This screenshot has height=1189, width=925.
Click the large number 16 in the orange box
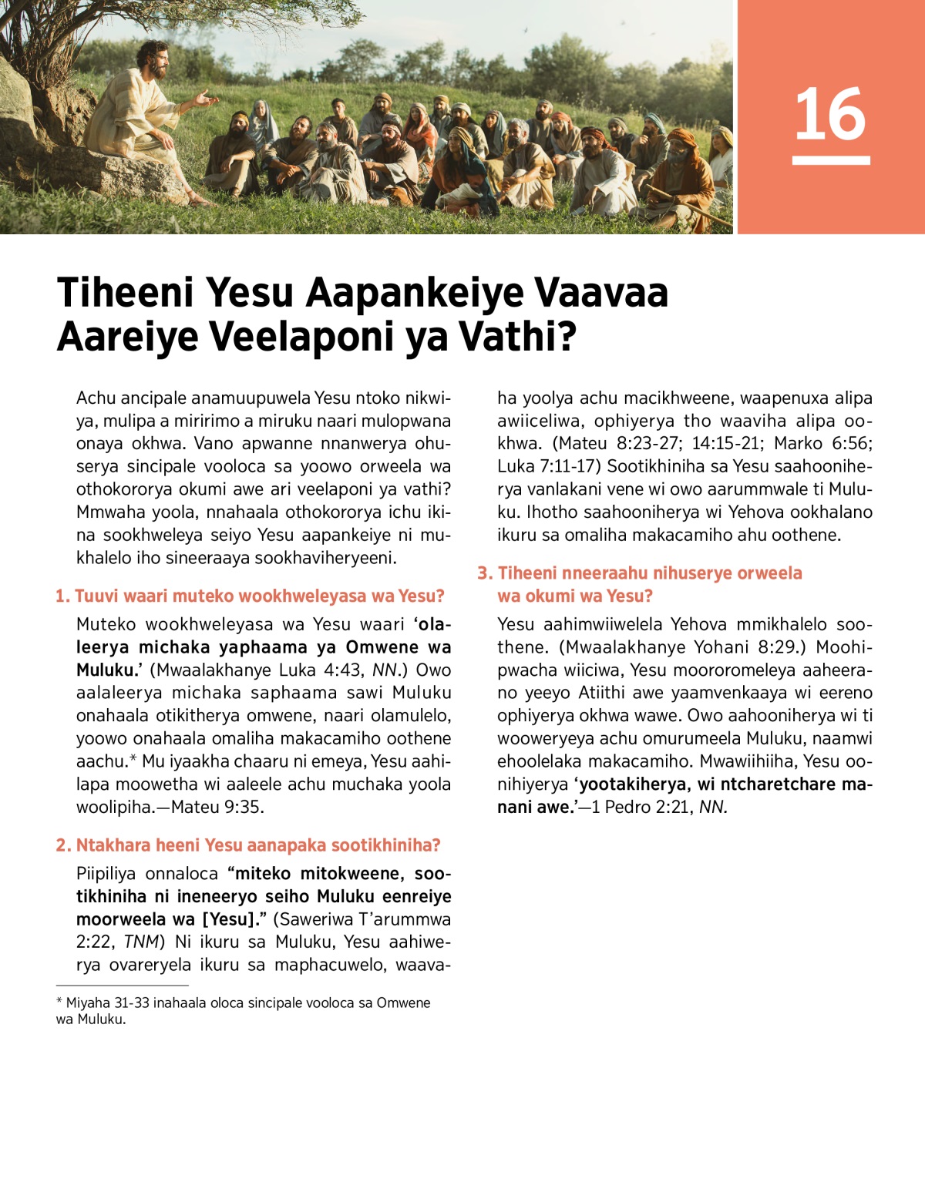[x=830, y=114]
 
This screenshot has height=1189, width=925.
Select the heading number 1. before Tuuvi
[x=62, y=596]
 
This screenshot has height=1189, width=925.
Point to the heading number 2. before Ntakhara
[x=63, y=845]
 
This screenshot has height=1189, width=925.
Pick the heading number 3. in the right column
[x=485, y=573]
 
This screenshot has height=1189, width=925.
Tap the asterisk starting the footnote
[x=59, y=1003]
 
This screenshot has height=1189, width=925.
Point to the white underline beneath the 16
[x=830, y=160]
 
